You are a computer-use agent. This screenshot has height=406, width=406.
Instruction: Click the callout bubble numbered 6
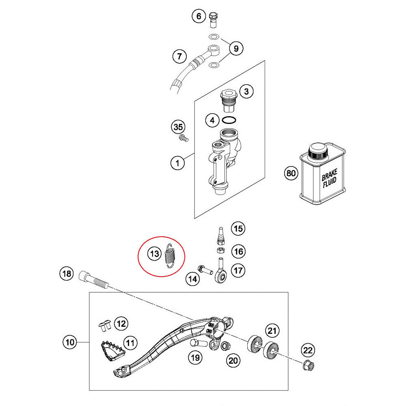(x=199, y=16)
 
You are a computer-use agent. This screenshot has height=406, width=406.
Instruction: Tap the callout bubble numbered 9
(x=236, y=49)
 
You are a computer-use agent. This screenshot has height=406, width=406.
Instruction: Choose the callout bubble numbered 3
(x=246, y=92)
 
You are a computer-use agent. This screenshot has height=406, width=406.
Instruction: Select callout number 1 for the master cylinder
(x=177, y=164)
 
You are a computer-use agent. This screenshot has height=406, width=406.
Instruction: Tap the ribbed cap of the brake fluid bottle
(x=318, y=152)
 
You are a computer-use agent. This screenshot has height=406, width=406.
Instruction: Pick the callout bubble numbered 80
(x=290, y=173)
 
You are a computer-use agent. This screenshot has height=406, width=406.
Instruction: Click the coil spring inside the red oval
(x=171, y=256)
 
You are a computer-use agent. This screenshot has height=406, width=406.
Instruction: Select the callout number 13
(x=154, y=255)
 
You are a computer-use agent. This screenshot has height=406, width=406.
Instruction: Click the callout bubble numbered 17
(x=239, y=270)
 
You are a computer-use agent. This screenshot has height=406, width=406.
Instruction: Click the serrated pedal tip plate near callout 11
(x=110, y=350)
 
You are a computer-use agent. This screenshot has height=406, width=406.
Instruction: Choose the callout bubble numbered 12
(x=121, y=324)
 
